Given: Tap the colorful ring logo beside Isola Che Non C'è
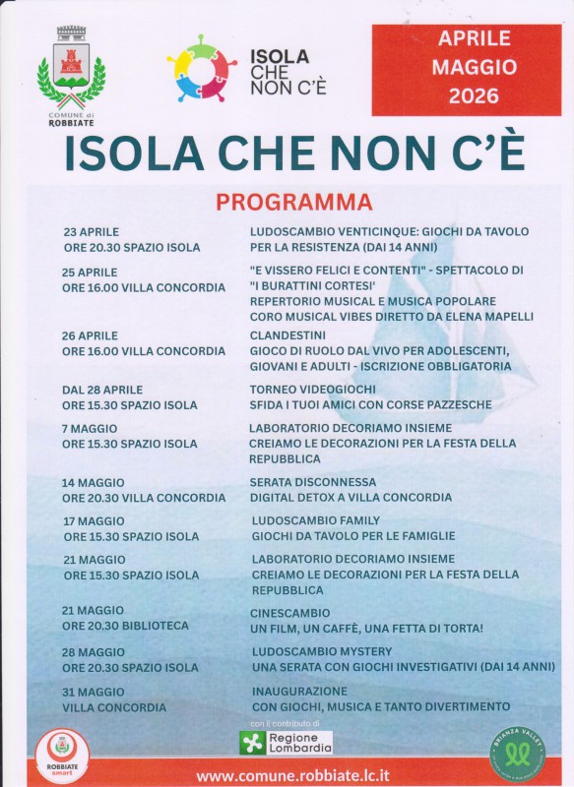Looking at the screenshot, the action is pyautogui.click(x=202, y=69).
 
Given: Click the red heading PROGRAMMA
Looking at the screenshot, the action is pyautogui.click(x=294, y=203).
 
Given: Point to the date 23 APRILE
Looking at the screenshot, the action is pyautogui.click(x=91, y=232).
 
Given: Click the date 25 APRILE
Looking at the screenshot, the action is pyautogui.click(x=90, y=272).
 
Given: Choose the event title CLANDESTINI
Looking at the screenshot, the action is pyautogui.click(x=287, y=335).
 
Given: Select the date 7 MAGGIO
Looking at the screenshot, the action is pyautogui.click(x=90, y=429).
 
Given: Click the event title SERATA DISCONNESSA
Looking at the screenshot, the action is pyautogui.click(x=312, y=482).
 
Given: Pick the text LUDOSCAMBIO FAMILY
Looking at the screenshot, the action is pyautogui.click(x=315, y=520).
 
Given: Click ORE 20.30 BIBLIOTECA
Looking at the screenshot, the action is pyautogui.click(x=125, y=626).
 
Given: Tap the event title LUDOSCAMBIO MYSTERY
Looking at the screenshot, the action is pyautogui.click(x=321, y=651).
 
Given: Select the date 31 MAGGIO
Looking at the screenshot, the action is pyautogui.click(x=94, y=692).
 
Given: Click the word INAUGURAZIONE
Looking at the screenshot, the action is pyautogui.click(x=299, y=692).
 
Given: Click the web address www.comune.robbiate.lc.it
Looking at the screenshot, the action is pyautogui.click(x=293, y=775).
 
